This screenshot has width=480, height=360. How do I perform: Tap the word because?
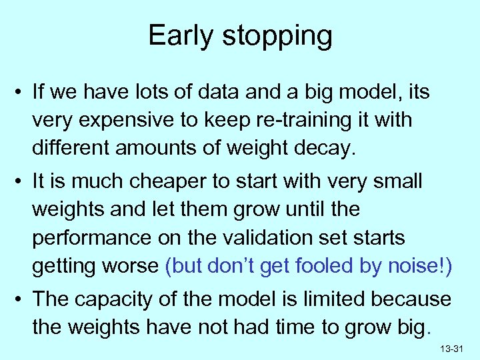click(413, 299)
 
